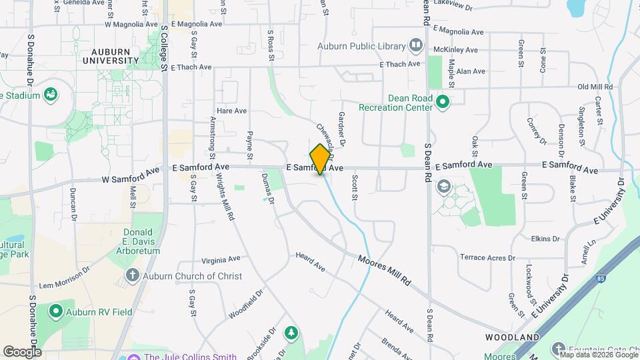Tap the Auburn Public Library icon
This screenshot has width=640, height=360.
click(x=417, y=46)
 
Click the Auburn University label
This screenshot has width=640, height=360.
click(x=111, y=55)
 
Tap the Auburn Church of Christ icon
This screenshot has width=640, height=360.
click(x=133, y=275)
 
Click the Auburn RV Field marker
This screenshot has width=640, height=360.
click(x=55, y=310)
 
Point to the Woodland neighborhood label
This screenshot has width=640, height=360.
click(x=512, y=337)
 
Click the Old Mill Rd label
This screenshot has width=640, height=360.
click(x=595, y=87)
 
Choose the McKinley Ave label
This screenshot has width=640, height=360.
click(x=455, y=50)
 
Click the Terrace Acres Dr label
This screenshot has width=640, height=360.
click(x=487, y=257)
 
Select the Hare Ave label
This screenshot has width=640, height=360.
click(x=232, y=111)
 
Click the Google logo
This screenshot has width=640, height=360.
click(x=22, y=351)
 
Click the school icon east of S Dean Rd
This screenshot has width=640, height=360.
click(x=443, y=187)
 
